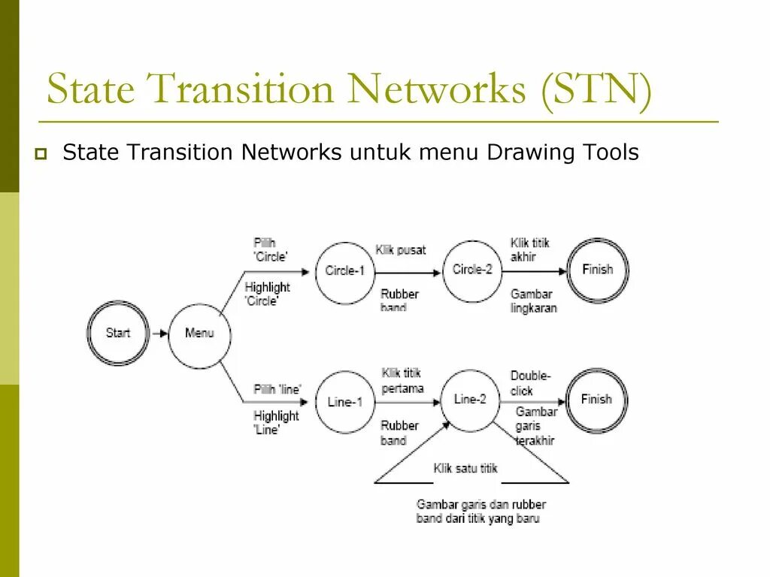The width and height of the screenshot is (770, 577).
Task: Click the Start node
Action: (x=118, y=333)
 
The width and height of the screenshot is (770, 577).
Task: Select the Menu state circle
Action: (x=199, y=333)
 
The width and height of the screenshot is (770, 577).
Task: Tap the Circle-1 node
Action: (x=344, y=270)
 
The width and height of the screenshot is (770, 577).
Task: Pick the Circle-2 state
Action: (x=472, y=269)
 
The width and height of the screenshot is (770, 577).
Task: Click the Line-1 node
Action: (x=345, y=402)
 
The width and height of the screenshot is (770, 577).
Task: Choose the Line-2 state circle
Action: (x=471, y=400)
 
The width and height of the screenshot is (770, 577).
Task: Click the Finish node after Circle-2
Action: (x=598, y=270)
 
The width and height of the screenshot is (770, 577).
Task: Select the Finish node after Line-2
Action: (x=596, y=400)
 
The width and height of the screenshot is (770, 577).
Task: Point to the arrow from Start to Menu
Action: (x=159, y=333)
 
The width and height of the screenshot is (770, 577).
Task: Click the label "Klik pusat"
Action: (x=401, y=250)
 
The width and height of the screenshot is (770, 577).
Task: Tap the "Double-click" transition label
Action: (x=531, y=383)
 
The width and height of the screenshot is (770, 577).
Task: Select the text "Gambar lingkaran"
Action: (x=533, y=301)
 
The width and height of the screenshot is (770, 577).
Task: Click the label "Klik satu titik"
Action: (x=466, y=468)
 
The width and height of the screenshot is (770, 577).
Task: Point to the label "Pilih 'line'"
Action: (x=277, y=389)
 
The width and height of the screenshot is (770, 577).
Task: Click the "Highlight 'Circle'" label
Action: (x=267, y=294)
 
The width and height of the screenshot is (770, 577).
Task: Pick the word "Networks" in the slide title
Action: (x=436, y=89)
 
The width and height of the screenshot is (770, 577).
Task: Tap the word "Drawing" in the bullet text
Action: (x=531, y=153)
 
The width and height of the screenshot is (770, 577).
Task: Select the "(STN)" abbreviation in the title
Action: (x=595, y=89)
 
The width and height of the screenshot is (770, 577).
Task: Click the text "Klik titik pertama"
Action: (x=402, y=380)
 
